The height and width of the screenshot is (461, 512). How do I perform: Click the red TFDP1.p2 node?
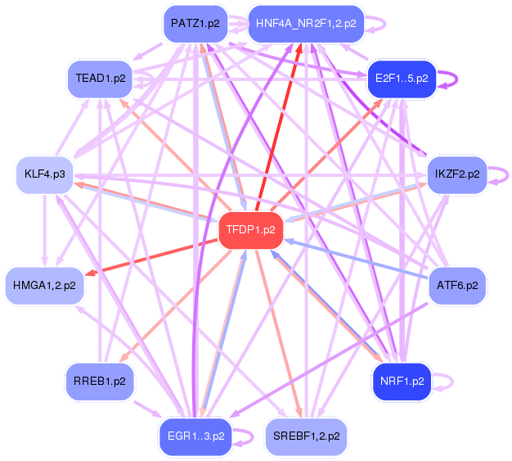(251, 230)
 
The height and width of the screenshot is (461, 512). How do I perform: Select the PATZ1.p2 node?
(195, 24)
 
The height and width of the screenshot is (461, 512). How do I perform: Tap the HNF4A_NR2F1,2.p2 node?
(305, 24)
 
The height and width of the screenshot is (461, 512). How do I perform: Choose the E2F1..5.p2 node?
(402, 79)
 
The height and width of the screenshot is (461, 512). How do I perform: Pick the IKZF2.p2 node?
(457, 174)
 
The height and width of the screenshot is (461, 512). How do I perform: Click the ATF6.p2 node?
(457, 286)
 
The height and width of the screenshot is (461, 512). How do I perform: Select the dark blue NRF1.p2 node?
(402, 381)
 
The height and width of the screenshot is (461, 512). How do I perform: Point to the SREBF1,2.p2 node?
(306, 436)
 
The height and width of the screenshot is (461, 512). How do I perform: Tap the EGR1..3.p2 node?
(195, 436)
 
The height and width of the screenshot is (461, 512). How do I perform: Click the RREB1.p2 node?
(100, 382)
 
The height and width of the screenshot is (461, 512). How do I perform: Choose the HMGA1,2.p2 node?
(44, 286)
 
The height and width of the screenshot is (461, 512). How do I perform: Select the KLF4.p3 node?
(44, 174)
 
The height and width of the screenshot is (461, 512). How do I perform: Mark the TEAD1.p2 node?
(100, 79)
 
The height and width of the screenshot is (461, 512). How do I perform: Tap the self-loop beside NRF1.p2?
(448, 381)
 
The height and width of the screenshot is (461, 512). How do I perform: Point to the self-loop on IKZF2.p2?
(505, 174)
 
